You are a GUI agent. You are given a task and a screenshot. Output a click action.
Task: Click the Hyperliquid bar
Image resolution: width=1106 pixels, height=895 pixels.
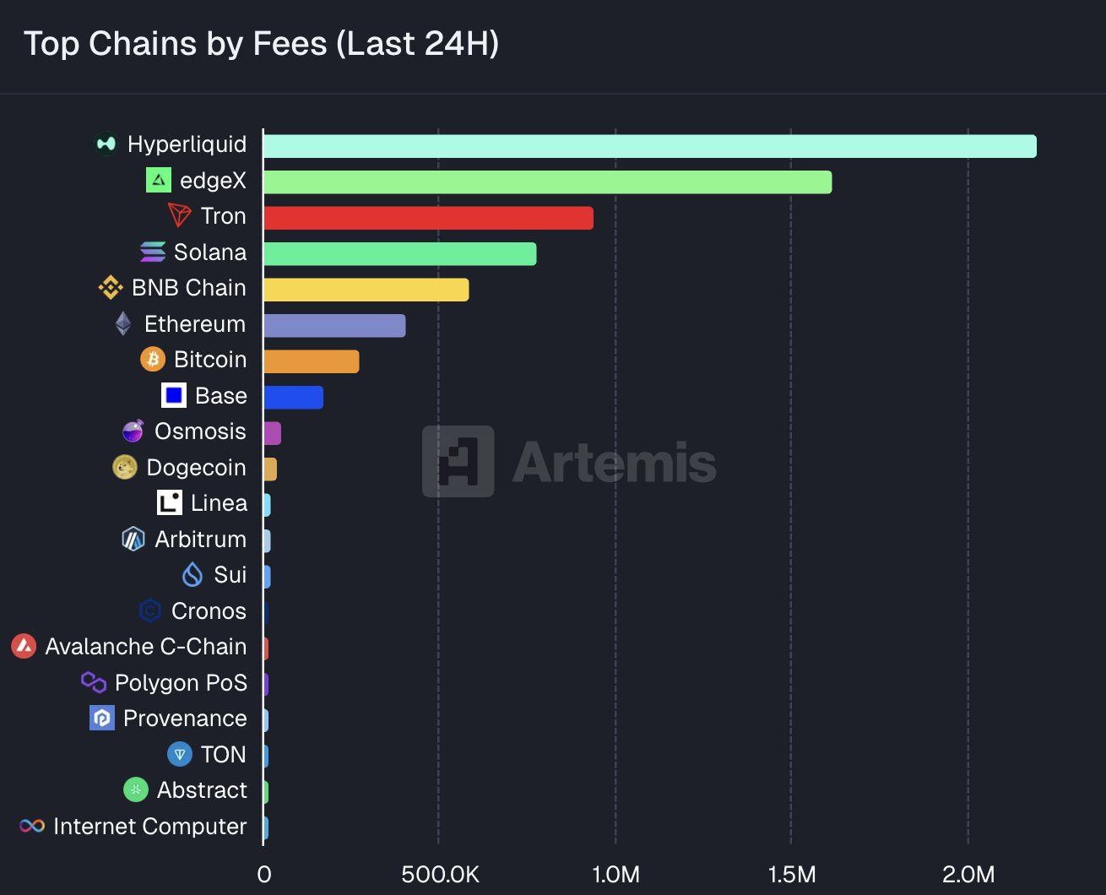click(649, 146)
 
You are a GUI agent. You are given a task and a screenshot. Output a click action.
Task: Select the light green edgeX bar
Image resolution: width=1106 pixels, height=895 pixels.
click(547, 182)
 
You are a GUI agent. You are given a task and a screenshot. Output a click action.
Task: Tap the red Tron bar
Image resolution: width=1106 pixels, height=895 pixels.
click(428, 218)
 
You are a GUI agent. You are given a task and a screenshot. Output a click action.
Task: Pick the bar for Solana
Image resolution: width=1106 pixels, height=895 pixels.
click(399, 253)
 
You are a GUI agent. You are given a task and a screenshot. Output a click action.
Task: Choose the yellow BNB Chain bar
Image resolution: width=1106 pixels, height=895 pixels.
click(366, 290)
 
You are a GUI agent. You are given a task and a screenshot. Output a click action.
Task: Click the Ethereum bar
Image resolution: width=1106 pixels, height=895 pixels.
click(334, 325)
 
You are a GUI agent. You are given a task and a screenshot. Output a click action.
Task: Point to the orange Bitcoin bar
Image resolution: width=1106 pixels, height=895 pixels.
click(311, 361)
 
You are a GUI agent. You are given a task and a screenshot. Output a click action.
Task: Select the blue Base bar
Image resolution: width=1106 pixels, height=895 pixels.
click(293, 397)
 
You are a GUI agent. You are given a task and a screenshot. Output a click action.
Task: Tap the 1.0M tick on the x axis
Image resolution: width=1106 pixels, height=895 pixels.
click(615, 874)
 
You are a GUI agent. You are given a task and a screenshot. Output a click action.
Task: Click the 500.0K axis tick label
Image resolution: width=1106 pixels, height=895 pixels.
click(440, 874)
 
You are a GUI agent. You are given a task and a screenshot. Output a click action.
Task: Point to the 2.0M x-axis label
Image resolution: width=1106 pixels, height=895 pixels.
click(968, 874)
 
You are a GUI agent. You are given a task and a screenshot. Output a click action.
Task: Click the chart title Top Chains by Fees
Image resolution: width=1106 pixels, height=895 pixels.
click(261, 44)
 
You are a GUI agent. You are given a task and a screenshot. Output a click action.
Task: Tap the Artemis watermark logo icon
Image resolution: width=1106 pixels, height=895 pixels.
click(458, 462)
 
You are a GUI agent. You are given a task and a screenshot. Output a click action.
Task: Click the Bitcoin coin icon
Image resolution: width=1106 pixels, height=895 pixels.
click(153, 360)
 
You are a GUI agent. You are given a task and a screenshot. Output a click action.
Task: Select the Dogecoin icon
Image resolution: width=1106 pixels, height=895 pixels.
click(125, 467)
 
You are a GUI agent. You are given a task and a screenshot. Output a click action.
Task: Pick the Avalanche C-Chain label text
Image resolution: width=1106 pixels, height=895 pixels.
click(145, 647)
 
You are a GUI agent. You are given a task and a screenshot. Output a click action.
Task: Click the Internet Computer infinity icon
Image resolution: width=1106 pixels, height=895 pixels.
click(32, 826)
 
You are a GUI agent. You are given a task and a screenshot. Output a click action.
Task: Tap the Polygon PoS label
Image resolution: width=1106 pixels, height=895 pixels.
click(181, 682)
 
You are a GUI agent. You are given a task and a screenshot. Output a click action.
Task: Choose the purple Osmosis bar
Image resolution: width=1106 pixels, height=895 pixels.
click(272, 433)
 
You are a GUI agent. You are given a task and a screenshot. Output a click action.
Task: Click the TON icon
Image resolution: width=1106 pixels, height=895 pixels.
click(179, 754)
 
